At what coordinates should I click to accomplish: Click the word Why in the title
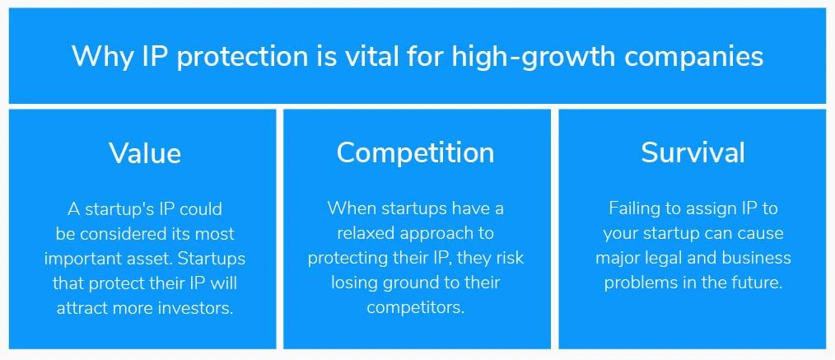click(102, 57)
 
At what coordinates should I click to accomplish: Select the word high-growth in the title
click(534, 58)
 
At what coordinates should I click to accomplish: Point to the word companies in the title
click(694, 58)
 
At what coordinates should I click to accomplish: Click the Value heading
click(146, 153)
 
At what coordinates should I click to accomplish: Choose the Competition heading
click(415, 153)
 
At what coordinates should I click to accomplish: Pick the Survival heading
click(693, 152)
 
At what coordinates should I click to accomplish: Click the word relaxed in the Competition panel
click(366, 233)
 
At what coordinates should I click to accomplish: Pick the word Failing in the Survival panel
click(634, 209)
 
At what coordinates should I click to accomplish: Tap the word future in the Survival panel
click(758, 283)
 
